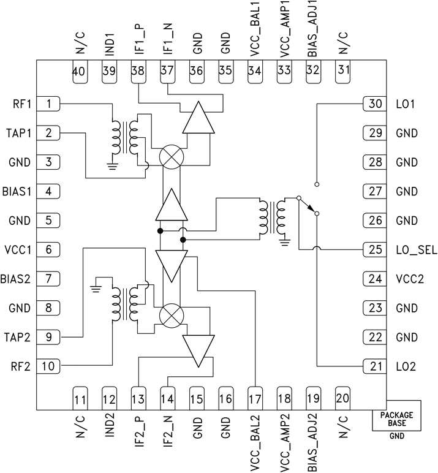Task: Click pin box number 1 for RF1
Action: pyautogui.click(x=48, y=104)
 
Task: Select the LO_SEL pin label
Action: pyautogui.click(x=411, y=250)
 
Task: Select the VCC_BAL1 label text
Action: pyautogui.click(x=255, y=38)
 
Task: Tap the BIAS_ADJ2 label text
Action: pyautogui.click(x=313, y=435)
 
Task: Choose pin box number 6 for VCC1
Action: pyautogui.click(x=48, y=250)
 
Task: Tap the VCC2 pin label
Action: pyautogui.click(x=407, y=279)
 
